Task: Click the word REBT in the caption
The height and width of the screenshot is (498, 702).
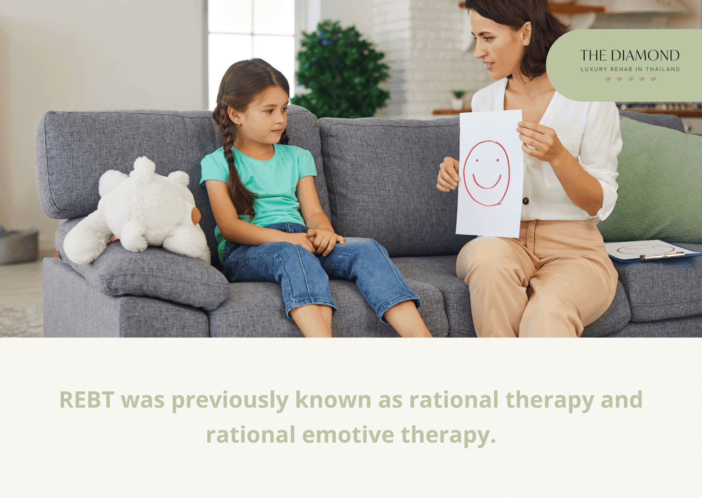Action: point(87,400)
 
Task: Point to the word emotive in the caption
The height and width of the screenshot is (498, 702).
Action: point(348,435)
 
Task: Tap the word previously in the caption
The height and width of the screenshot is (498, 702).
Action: point(230,400)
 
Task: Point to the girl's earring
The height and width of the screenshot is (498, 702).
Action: point(238,124)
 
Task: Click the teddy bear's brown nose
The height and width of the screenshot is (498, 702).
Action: point(196,216)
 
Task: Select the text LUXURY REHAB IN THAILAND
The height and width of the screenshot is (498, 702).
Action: point(630,69)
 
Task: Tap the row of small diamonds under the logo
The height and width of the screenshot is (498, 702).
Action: point(630,79)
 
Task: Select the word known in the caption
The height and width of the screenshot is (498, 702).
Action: point(333,400)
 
